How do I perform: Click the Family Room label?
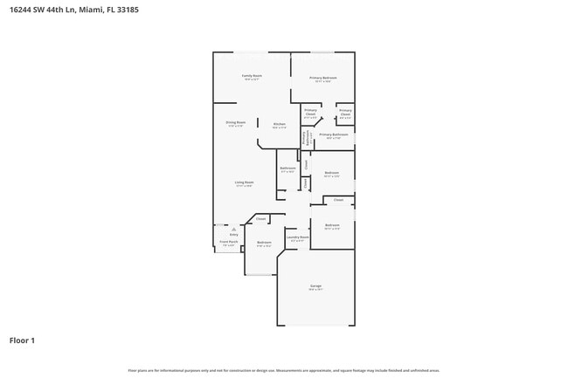click(x=252, y=76)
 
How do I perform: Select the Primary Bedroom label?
click(x=323, y=79)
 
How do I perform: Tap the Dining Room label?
click(x=235, y=122)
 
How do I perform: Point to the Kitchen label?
click(x=279, y=124)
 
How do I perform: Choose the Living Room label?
click(x=244, y=182)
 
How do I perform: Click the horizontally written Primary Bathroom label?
click(x=333, y=134)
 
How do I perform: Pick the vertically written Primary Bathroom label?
click(x=305, y=137)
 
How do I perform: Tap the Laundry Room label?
click(x=298, y=237)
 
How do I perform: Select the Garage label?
click(x=315, y=285)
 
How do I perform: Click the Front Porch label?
click(x=229, y=243)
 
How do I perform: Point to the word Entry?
click(x=233, y=235)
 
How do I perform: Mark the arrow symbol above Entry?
click(x=233, y=229)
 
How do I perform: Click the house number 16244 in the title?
click(x=24, y=10)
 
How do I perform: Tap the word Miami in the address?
click(x=92, y=10)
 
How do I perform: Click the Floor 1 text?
click(x=22, y=340)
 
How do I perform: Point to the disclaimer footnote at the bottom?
click(x=284, y=371)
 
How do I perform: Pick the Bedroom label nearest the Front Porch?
click(x=264, y=242)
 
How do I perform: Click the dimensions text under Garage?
click(x=315, y=290)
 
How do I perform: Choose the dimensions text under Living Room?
click(x=244, y=186)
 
